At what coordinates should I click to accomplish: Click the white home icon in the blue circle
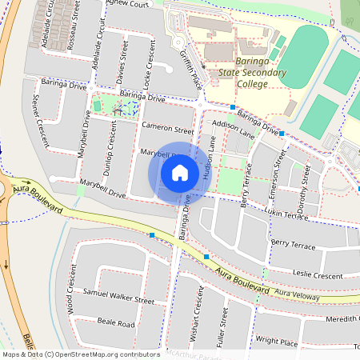point(180,172)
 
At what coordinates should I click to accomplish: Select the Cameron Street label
point(167,129)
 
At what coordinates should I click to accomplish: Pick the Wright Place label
point(276,342)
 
